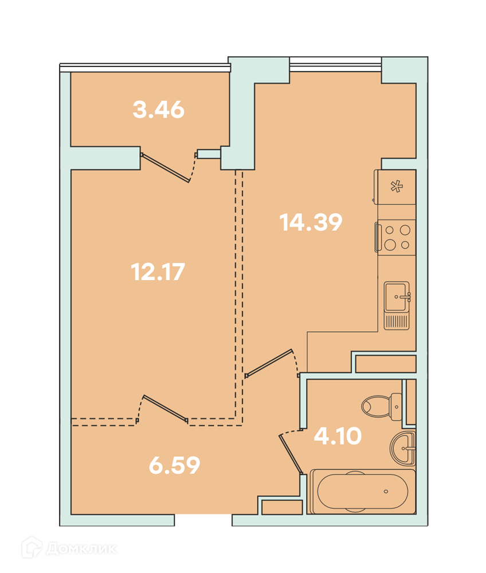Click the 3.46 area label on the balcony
point(159,109)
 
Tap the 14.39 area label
point(311,222)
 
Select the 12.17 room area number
point(158,272)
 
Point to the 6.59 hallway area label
point(175,465)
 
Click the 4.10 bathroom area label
point(338,435)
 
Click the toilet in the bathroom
point(382,406)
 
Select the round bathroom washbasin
point(403,448)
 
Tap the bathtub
point(362,492)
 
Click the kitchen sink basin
point(397,296)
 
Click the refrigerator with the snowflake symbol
point(395,187)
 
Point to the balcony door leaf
point(166,168)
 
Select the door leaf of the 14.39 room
point(269,363)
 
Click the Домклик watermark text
point(81,548)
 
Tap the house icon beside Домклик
point(32,547)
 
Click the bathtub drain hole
point(386,492)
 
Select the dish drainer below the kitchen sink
point(397,321)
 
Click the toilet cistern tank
point(397,407)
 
